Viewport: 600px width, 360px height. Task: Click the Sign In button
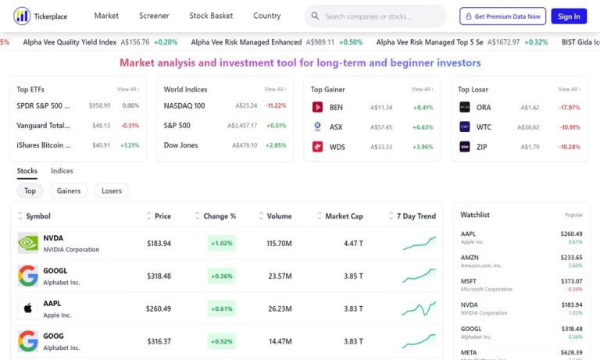coord(570,16)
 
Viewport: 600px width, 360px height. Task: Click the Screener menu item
coord(154,16)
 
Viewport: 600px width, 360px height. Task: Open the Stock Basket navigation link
coord(211,16)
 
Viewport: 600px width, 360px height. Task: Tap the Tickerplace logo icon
coord(22,16)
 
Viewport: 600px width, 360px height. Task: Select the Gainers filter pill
coord(69,191)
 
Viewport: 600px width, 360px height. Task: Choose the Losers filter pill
coord(112,191)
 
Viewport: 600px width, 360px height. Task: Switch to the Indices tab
coord(62,171)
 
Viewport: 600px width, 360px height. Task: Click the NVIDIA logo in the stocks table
coord(28,243)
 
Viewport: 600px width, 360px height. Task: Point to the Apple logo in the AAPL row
coord(28,308)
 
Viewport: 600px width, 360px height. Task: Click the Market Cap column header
coord(344,216)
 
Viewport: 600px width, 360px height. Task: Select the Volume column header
coord(279,216)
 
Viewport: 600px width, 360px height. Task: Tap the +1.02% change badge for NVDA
coord(222,244)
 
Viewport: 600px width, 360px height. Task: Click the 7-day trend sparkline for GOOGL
coord(419,276)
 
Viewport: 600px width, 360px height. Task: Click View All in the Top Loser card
coord(568,90)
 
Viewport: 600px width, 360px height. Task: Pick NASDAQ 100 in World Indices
coord(184,106)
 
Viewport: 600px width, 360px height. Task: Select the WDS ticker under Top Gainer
coord(337,147)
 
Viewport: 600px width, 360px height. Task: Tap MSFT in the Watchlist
coord(469,281)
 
